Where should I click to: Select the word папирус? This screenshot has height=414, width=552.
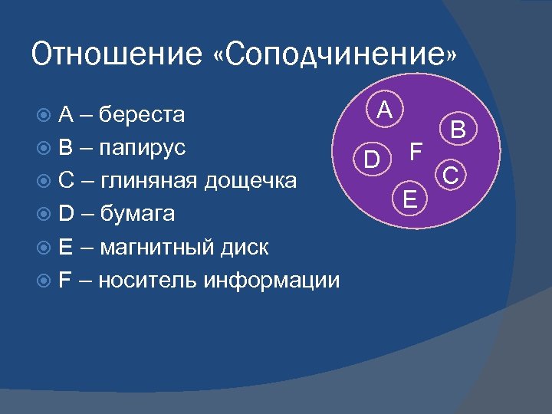pyautogui.click(x=144, y=148)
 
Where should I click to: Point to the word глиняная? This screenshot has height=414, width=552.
pyautogui.click(x=149, y=181)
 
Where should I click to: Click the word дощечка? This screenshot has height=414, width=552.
pyautogui.click(x=253, y=181)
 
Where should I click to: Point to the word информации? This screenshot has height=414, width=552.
pyautogui.click(x=271, y=280)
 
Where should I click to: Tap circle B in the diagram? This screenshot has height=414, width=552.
pyautogui.click(x=458, y=130)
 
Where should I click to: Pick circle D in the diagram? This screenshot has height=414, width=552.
pyautogui.click(x=372, y=160)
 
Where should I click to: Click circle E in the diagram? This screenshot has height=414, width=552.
pyautogui.click(x=411, y=201)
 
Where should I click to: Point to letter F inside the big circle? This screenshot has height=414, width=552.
pyautogui.click(x=415, y=151)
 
